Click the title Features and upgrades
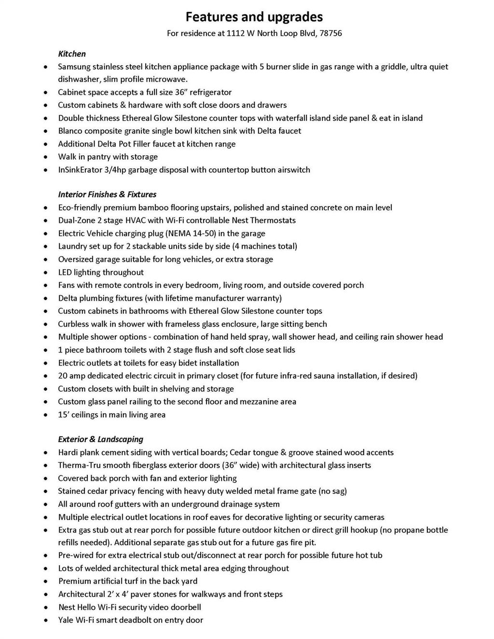point(254,17)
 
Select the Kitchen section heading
point(72,54)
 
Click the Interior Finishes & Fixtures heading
point(107,194)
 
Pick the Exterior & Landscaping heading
point(100,439)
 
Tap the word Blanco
point(71,131)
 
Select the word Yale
point(66,620)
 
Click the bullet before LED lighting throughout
point(45,273)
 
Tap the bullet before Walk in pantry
point(45,157)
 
